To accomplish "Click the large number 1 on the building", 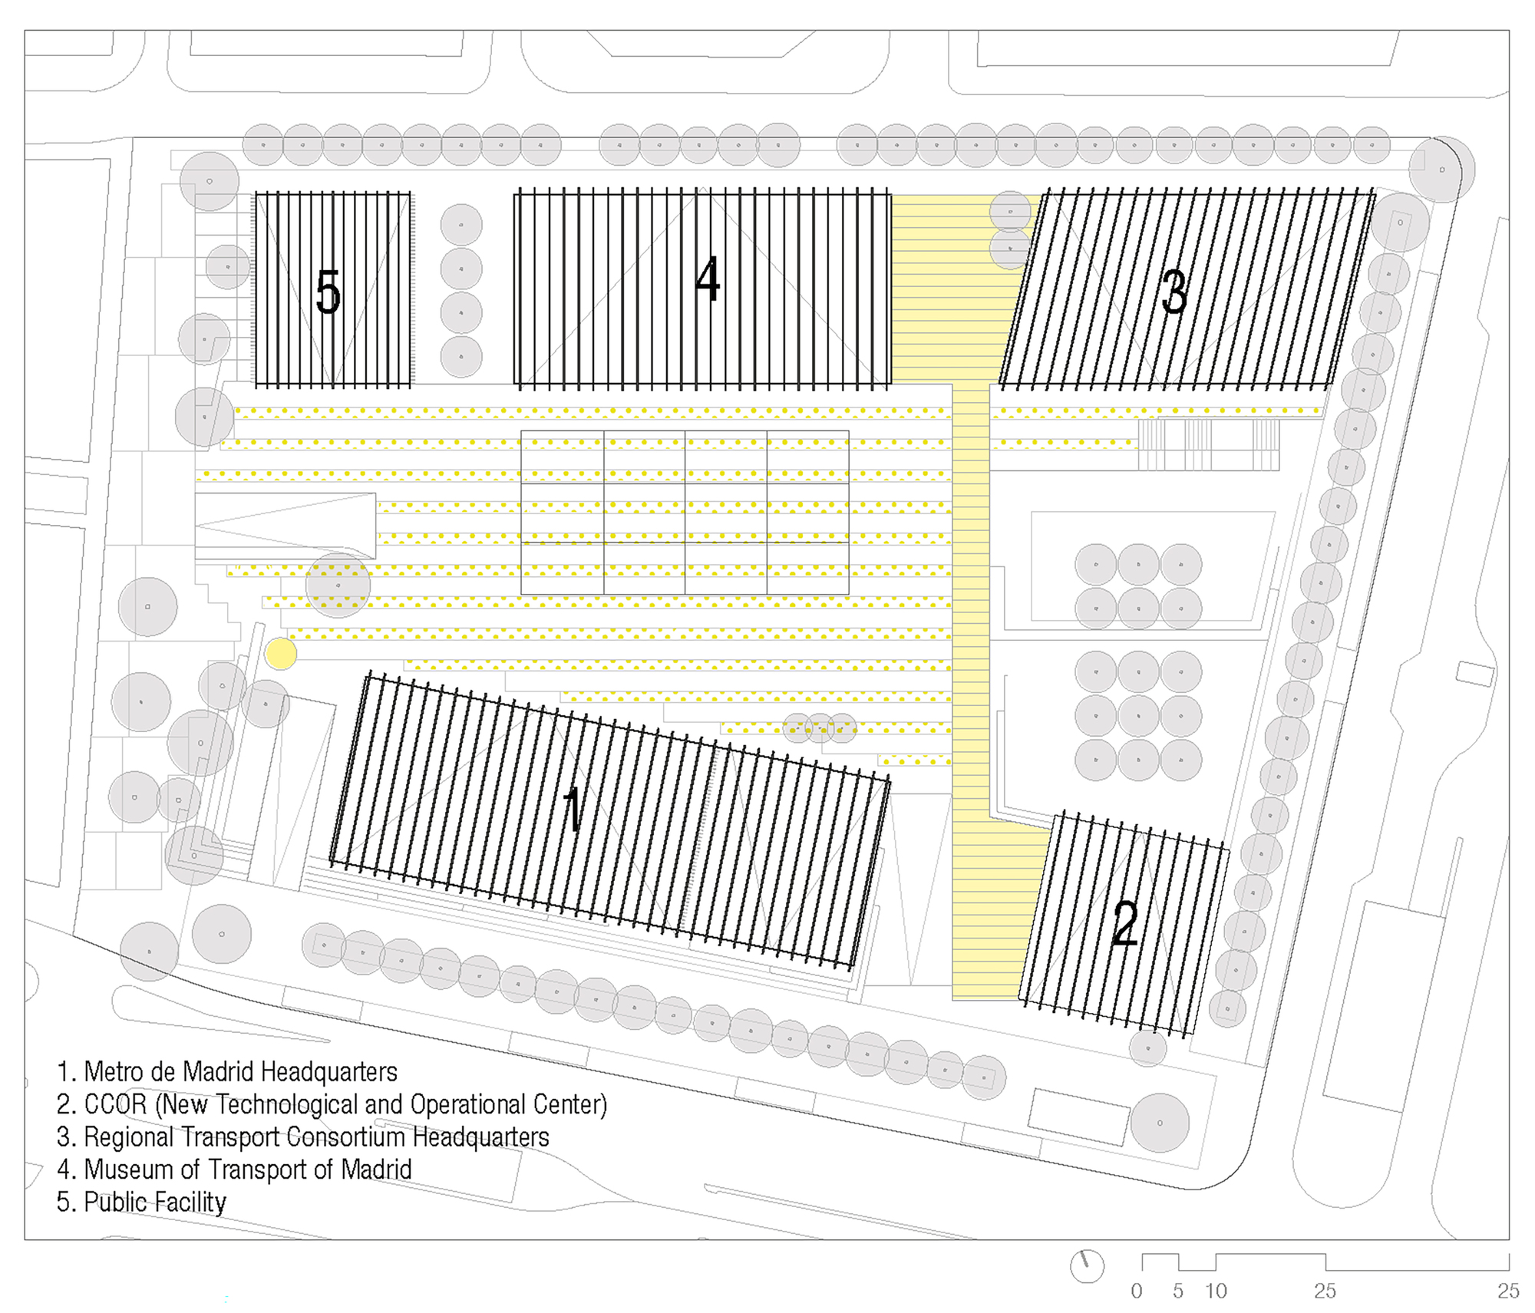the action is tap(573, 809).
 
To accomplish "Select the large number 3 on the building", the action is tap(1174, 292).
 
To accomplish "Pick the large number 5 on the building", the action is tap(328, 292).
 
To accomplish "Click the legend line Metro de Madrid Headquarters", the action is tap(227, 1071).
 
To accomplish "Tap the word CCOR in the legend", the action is tap(115, 1104).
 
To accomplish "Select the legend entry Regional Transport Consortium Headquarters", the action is tap(303, 1137).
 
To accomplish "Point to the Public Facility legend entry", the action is tap(142, 1202).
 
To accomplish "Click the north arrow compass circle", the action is tap(1087, 1265).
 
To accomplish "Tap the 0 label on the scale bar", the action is tap(1137, 1291).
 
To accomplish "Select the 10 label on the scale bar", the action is tap(1216, 1291).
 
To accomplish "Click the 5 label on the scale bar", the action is tap(1178, 1291).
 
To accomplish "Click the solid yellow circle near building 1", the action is tap(281, 654).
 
